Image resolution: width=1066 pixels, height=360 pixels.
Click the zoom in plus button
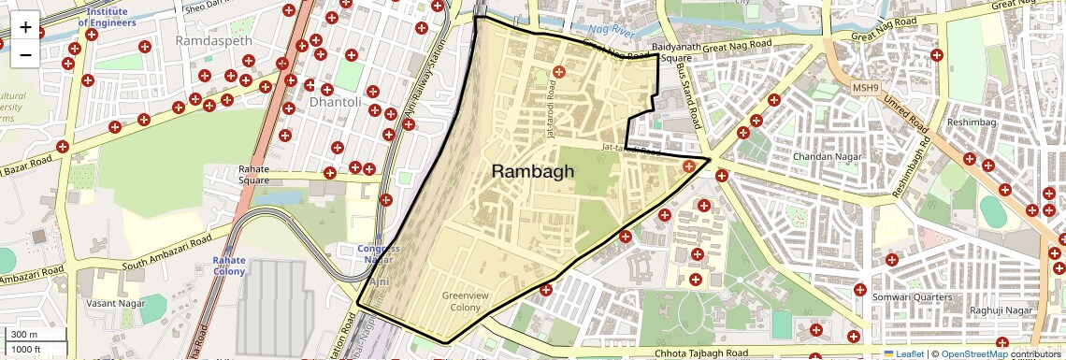[x=25, y=27]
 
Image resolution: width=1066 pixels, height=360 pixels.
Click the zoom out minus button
[x=25, y=54]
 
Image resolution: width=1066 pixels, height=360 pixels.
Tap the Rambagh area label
[x=532, y=171]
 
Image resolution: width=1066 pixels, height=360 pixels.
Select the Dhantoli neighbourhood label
[x=334, y=100]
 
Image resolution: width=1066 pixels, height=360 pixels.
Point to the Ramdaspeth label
[x=212, y=41]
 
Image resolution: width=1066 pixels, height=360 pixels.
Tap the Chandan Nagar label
[x=824, y=157]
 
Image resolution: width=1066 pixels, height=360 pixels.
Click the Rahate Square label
[x=253, y=175]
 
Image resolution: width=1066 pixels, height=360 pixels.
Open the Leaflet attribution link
[x=906, y=353]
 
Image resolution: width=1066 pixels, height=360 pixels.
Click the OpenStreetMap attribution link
[x=973, y=353]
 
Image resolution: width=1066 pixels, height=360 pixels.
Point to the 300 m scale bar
[x=24, y=335]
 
